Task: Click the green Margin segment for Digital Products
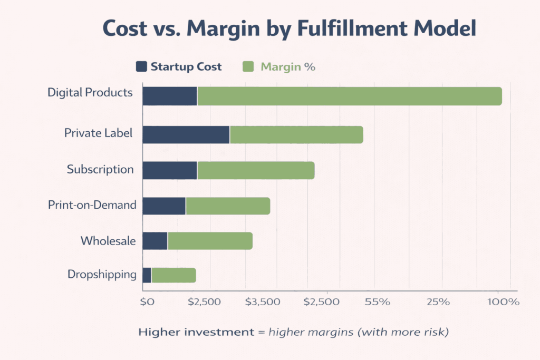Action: tap(349, 96)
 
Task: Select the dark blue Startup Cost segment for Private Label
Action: tap(186, 135)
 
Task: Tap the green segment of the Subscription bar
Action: tap(256, 170)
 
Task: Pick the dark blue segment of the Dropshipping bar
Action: tap(147, 275)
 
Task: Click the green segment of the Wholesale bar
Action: tap(210, 241)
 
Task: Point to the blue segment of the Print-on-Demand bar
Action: tap(164, 206)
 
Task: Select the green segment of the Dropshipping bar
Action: tap(173, 275)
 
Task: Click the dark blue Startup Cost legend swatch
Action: tap(141, 67)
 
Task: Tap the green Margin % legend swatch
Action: tap(248, 67)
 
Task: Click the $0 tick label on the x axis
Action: tap(147, 302)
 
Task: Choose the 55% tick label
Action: tap(377, 302)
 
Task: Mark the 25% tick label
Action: tap(438, 302)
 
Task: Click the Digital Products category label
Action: tap(90, 93)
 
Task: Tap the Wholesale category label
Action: tap(108, 241)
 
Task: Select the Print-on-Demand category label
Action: tap(92, 205)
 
